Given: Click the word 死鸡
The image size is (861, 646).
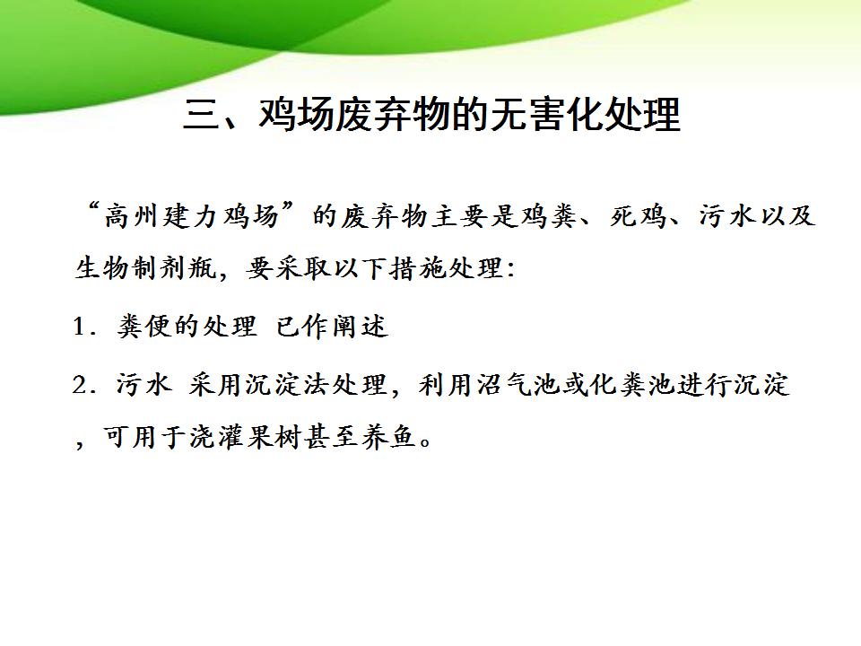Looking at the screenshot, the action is pyautogui.click(x=639, y=215).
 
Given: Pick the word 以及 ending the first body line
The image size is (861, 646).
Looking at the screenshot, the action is pyautogui.click(x=787, y=215).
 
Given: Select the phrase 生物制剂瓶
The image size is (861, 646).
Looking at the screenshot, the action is pyautogui.click(x=145, y=268).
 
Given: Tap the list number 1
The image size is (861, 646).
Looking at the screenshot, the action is pyautogui.click(x=80, y=327).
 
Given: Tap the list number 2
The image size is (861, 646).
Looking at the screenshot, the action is pyautogui.click(x=80, y=385).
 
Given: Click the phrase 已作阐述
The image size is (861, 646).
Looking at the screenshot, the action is pyautogui.click(x=332, y=327).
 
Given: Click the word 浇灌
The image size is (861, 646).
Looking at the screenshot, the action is pyautogui.click(x=219, y=437).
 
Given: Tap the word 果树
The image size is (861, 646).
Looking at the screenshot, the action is pyautogui.click(x=275, y=437).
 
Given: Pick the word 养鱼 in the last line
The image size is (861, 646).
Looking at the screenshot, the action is pyautogui.click(x=389, y=437).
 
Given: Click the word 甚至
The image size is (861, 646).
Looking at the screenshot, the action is pyautogui.click(x=333, y=437).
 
